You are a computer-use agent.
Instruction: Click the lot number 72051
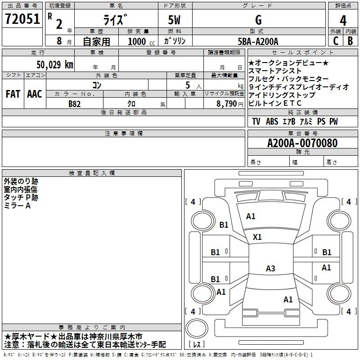(x=22, y=19)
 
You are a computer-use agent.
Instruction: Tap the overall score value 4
(x=343, y=21)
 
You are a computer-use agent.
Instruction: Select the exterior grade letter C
(x=336, y=41)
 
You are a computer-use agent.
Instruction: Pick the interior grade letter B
(x=350, y=41)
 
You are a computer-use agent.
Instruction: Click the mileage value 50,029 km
(x=55, y=64)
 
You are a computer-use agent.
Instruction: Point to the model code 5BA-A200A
(x=258, y=41)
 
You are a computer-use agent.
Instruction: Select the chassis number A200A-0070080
(x=302, y=143)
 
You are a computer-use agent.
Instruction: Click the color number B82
(x=74, y=104)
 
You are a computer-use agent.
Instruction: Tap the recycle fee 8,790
(x=227, y=104)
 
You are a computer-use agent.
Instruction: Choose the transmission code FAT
(x=13, y=94)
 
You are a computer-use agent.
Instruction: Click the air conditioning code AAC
(x=35, y=94)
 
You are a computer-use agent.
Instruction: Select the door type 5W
(x=174, y=20)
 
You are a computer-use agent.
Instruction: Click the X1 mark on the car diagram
(x=257, y=237)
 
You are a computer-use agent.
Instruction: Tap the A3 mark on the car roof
(x=270, y=268)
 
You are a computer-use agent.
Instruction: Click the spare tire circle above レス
(x=197, y=328)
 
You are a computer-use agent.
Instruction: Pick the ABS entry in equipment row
(x=272, y=121)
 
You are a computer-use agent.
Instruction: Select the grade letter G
(x=258, y=20)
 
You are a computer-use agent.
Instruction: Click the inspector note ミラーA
(x=17, y=206)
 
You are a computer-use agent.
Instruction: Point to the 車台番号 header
(x=303, y=133)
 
